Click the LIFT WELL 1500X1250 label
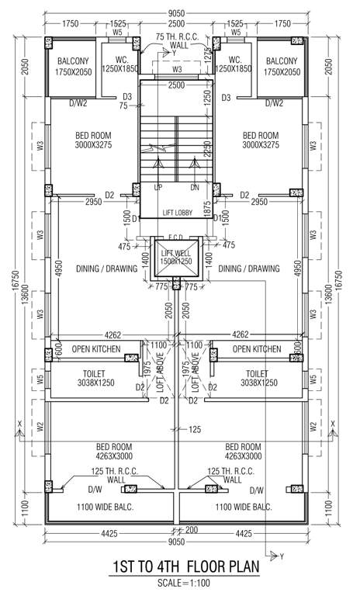coord(177,257)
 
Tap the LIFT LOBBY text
coord(177,212)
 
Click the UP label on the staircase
coord(158,187)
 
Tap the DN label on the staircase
coord(195,187)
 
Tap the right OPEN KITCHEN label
coord(256,350)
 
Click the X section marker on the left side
coord(17,424)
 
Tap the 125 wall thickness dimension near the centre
coord(193,429)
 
